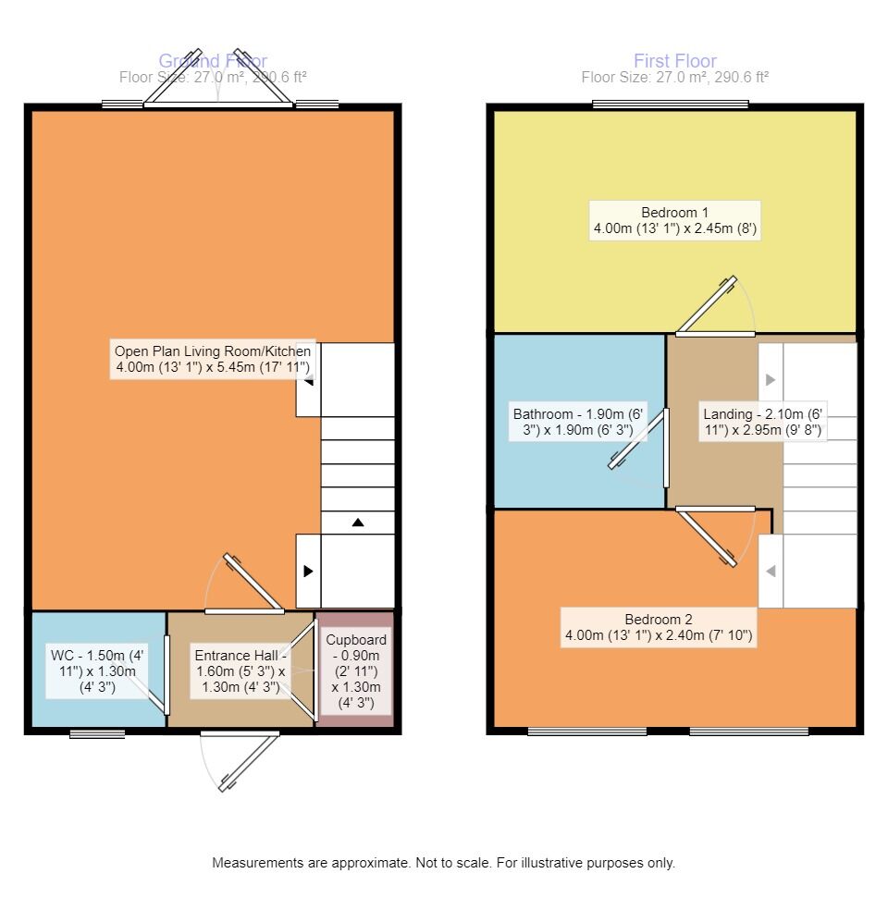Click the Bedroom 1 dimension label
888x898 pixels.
674,220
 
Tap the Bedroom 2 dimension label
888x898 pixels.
658,628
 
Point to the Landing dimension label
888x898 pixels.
761,422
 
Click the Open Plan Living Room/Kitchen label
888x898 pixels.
212,360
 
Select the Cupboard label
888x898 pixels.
356,670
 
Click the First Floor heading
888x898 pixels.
674,61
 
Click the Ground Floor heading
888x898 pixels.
213,61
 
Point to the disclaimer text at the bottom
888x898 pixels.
444,863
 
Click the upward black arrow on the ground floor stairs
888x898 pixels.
358,523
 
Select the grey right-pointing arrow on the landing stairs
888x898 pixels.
770,379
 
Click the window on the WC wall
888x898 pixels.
97,734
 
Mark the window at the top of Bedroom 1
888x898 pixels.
671,104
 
